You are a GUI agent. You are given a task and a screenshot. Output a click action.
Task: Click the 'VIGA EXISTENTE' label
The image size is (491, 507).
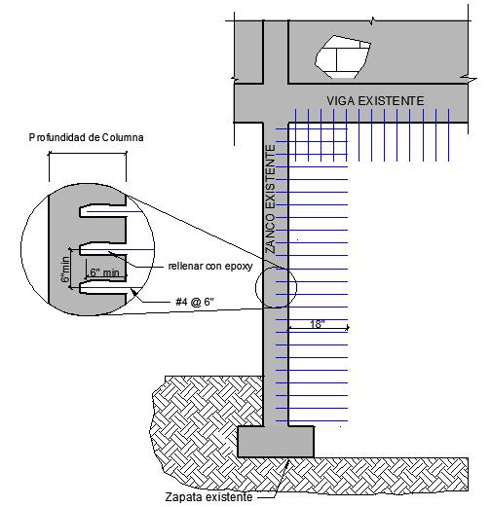(x=375, y=101)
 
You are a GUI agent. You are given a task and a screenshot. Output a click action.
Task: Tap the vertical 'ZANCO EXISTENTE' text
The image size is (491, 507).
(x=270, y=199)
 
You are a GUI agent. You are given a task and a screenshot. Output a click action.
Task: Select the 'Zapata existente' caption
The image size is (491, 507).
(x=208, y=496)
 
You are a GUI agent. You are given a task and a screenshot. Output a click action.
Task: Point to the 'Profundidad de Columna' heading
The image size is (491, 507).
(x=86, y=137)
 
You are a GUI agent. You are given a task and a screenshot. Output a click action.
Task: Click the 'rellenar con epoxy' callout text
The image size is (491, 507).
(x=210, y=267)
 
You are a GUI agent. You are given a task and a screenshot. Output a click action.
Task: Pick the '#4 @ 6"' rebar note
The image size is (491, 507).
(x=195, y=302)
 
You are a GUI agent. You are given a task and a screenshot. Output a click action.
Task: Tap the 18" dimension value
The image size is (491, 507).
(x=318, y=324)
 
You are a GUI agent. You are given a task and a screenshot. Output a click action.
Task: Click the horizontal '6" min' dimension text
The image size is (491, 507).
(x=104, y=272)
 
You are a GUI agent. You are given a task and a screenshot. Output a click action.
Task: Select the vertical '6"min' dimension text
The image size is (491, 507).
(x=65, y=270)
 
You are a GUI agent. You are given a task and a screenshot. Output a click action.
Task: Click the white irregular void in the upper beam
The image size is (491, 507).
(x=343, y=57)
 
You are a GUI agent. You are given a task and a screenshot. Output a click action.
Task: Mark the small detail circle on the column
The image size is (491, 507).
(x=276, y=287)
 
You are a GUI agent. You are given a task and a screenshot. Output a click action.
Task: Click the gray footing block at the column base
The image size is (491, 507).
(x=276, y=442)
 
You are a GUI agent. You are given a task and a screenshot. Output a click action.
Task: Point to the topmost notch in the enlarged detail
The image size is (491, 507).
(x=102, y=211)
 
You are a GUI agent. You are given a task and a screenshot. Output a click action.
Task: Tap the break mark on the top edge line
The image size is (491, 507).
(x=373, y=21)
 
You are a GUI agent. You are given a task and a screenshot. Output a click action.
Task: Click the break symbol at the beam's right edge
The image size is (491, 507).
(x=469, y=78)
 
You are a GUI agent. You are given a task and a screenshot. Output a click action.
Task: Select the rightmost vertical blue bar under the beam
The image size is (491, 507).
(x=449, y=135)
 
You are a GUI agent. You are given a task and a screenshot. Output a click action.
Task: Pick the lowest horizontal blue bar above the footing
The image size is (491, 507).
(x=312, y=421)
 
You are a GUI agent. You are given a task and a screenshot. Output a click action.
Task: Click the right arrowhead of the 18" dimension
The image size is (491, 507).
(x=348, y=328)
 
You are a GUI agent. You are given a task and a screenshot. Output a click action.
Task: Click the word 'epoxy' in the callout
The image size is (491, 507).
(x=239, y=267)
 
